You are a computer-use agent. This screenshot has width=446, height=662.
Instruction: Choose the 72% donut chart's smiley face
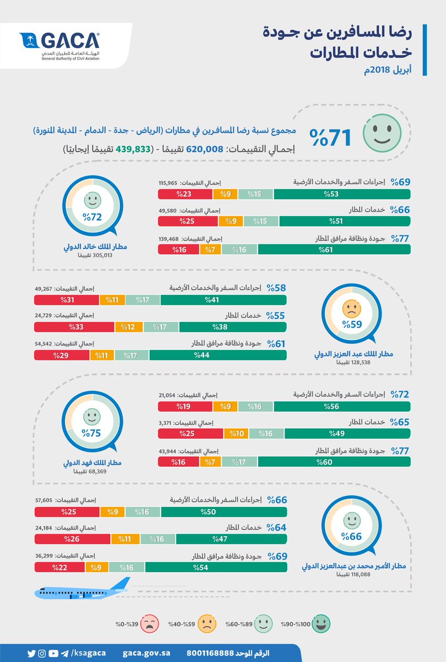(92, 200)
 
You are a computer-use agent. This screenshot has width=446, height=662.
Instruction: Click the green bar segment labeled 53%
(342, 194)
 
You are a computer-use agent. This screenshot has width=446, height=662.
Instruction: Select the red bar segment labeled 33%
(74, 327)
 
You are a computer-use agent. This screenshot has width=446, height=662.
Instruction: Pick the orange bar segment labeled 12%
(129, 327)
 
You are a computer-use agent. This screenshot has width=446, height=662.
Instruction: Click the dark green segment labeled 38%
(233, 327)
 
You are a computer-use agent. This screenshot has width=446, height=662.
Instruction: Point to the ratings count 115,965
(170, 183)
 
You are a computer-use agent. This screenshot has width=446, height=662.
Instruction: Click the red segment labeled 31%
(66, 300)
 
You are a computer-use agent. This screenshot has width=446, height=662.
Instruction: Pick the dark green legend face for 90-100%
(321, 624)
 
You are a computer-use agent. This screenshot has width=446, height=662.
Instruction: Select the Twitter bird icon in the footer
(31, 653)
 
